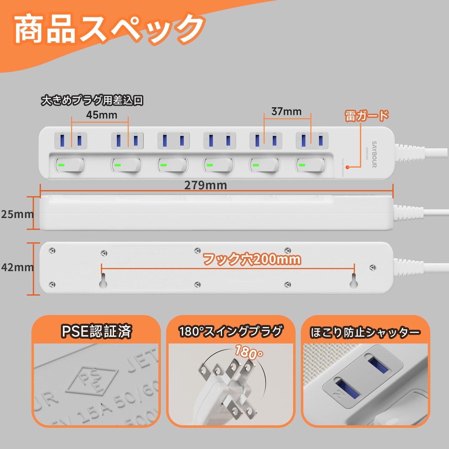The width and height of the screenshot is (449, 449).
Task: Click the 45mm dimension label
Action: tap(101, 115)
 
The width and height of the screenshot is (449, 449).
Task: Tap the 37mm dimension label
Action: tap(286, 112)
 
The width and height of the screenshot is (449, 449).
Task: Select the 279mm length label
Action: tap(206, 185)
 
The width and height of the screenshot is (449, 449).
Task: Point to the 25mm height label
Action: tap(17, 214)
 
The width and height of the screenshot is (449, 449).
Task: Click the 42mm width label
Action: tap(17, 267)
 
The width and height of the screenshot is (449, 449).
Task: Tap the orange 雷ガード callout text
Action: tap(367, 115)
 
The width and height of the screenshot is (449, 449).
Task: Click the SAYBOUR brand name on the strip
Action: tap(374, 154)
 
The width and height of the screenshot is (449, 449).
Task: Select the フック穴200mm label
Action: tap(252, 259)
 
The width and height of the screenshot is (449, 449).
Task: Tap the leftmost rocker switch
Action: tap(70, 165)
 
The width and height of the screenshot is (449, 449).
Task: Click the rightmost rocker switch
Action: tap(311, 165)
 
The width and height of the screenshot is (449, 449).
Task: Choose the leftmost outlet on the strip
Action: tap(71, 140)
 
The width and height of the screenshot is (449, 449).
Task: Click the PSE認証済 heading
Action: tap(96, 331)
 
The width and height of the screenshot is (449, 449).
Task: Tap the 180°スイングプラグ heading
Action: tap(230, 331)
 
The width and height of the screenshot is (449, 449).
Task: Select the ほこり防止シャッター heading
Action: tap(365, 332)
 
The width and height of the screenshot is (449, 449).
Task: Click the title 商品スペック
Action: tap(109, 29)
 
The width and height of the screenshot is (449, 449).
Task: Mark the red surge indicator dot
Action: tap(347, 167)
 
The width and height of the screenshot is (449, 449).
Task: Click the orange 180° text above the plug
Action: tap(249, 352)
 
